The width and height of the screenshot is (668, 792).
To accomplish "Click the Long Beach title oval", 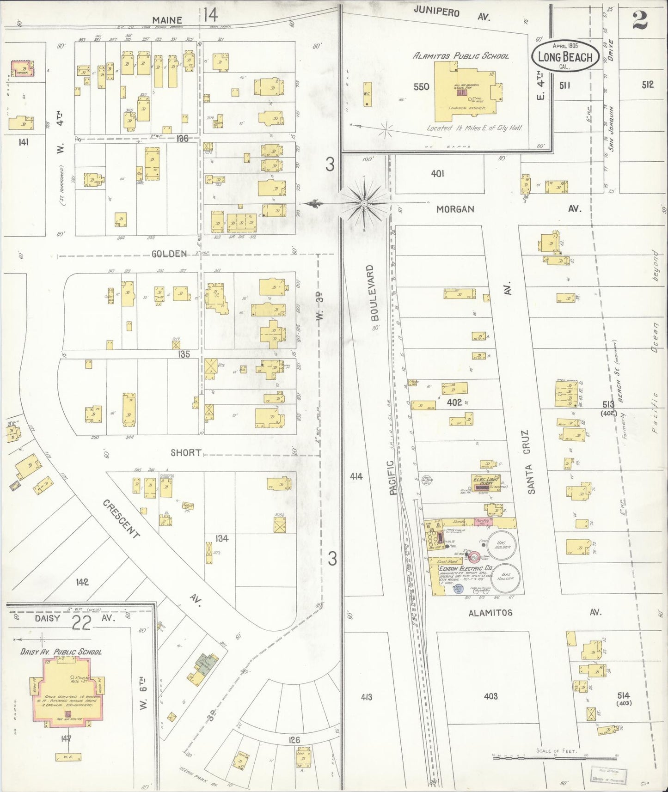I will pyautogui.click(x=565, y=56).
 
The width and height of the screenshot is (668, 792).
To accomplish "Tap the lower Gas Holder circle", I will pyautogui.click(x=505, y=578).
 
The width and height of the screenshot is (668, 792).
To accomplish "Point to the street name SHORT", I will pyautogui.click(x=186, y=452).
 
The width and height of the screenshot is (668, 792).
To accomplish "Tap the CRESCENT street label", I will pyautogui.click(x=121, y=519).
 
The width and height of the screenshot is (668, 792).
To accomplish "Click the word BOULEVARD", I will pyautogui.click(x=374, y=299).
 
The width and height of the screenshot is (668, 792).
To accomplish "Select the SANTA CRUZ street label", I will pyautogui.click(x=531, y=462).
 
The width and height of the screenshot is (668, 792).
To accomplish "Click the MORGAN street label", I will pyautogui.click(x=455, y=209).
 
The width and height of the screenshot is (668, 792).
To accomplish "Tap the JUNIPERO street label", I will pyautogui.click(x=437, y=12).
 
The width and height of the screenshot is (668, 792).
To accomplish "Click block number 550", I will pyautogui.click(x=421, y=86).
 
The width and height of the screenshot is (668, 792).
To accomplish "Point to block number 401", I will pyautogui.click(x=437, y=173).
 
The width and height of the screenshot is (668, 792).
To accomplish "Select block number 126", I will pyautogui.click(x=294, y=740).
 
